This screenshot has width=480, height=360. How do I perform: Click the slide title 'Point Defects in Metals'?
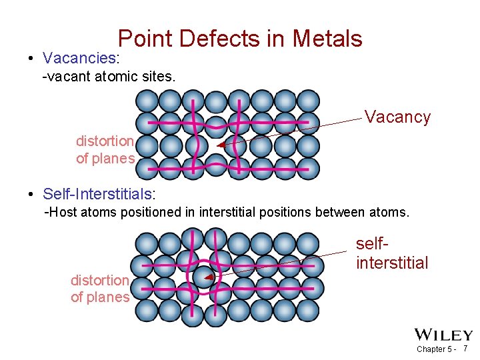(x=240, y=39)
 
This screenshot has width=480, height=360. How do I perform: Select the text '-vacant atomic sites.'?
(x=109, y=77)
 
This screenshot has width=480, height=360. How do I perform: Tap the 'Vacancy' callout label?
(x=397, y=117)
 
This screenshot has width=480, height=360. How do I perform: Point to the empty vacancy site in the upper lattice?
(x=215, y=145)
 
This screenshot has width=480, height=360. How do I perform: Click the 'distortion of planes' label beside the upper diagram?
(x=105, y=150)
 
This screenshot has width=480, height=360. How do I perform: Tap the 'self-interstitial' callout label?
(x=392, y=254)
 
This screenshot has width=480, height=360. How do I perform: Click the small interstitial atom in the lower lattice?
(x=204, y=277)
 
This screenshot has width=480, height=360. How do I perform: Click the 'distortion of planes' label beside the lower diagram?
(x=100, y=289)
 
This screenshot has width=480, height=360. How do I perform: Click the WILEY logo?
(x=443, y=335)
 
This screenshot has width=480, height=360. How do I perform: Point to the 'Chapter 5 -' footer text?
(x=435, y=349)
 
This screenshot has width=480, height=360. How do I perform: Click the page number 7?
(x=465, y=349)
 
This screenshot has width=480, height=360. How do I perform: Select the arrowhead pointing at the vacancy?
(x=221, y=144)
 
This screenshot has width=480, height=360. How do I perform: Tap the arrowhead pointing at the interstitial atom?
(x=209, y=277)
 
